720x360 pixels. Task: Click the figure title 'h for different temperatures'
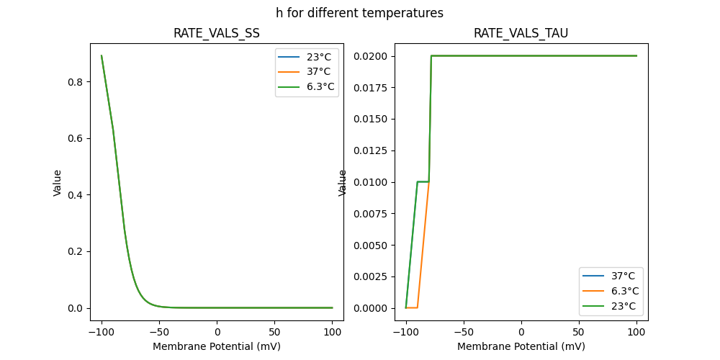pyautogui.click(x=359, y=13)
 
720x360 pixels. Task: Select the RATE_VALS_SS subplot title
pyautogui.click(x=217, y=33)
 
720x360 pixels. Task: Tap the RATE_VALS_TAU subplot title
pyautogui.click(x=521, y=33)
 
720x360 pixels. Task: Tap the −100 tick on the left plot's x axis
pyautogui.click(x=102, y=333)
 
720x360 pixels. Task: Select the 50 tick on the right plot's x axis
pyautogui.click(x=578, y=333)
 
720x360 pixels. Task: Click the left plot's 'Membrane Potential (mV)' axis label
pyautogui.click(x=217, y=346)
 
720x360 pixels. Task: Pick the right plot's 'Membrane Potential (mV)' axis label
pyautogui.click(x=521, y=346)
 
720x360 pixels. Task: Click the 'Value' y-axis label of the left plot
pyautogui.click(x=58, y=183)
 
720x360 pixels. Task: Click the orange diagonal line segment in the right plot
pyautogui.click(x=423, y=245)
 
